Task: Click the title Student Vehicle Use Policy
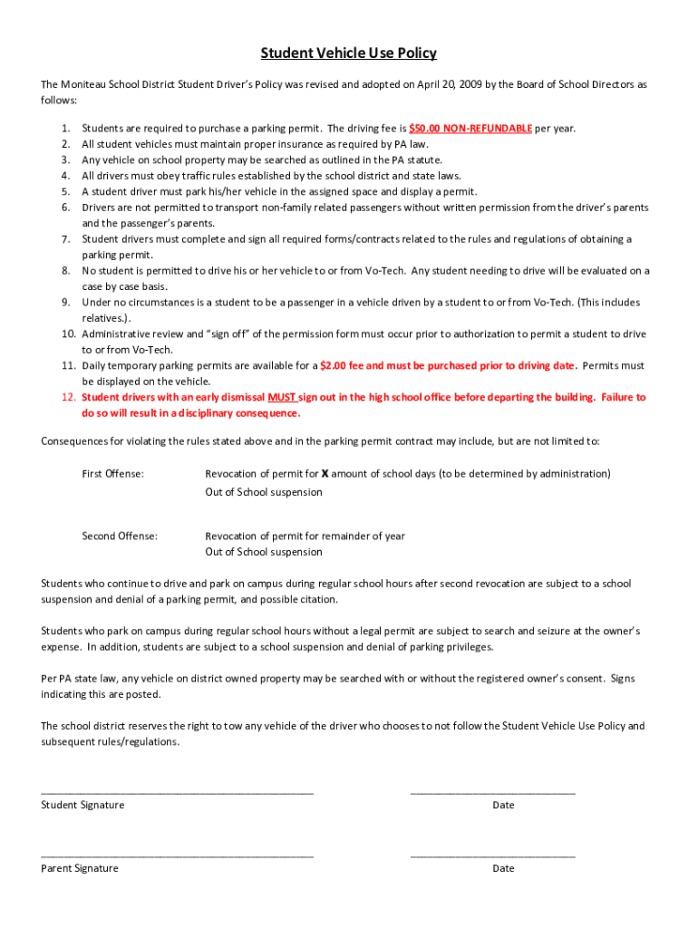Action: (x=349, y=53)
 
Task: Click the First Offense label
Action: (x=112, y=474)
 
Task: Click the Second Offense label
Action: (x=119, y=536)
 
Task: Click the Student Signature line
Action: (x=177, y=792)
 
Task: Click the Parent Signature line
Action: (x=177, y=855)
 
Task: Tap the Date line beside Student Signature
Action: (x=492, y=792)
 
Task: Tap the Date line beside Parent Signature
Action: (x=492, y=855)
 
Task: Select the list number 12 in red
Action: (x=68, y=398)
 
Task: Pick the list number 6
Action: (x=66, y=208)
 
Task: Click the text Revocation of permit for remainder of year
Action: (x=305, y=536)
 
